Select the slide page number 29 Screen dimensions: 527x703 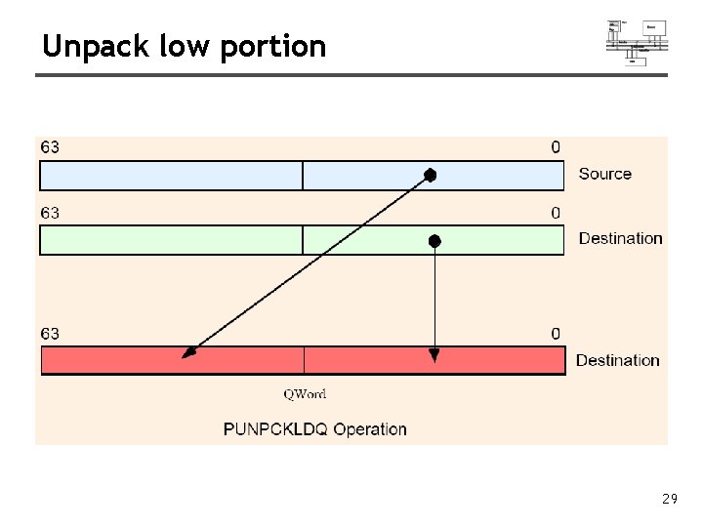tap(669, 499)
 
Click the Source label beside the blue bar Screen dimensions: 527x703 tap(604, 174)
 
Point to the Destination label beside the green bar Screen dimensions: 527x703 tap(620, 238)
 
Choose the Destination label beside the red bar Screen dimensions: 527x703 tap(617, 360)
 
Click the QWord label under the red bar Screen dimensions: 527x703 tap(305, 394)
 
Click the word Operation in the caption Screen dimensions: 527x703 tap(370, 428)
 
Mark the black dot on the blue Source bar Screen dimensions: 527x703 tap(430, 176)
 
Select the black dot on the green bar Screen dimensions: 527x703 tap(434, 240)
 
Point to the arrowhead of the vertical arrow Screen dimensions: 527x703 tap(434, 355)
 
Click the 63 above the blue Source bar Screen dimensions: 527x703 tap(49, 147)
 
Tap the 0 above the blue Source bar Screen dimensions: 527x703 tap(556, 147)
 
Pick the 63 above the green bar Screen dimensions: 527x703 tap(49, 213)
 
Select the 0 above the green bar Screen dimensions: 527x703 tap(556, 213)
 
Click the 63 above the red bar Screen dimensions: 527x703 tap(49, 334)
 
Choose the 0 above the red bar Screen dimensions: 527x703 tap(556, 334)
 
